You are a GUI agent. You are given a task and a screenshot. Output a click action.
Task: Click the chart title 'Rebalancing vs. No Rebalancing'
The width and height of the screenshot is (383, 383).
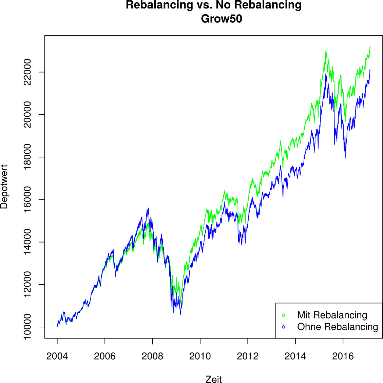coord(213,5)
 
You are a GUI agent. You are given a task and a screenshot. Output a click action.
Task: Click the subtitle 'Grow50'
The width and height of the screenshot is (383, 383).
coord(222,19)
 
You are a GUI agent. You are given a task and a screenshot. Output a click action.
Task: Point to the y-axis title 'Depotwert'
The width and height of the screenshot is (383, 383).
coord(4,187)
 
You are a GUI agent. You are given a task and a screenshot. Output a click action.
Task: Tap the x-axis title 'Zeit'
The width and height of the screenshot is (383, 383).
coord(214,379)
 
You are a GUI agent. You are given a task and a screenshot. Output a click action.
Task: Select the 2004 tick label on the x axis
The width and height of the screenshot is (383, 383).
coord(57,356)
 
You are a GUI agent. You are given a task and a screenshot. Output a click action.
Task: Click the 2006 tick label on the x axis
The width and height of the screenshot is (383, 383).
coord(105,356)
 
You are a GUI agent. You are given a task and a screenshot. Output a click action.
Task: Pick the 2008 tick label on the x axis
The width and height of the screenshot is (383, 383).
coord(152,356)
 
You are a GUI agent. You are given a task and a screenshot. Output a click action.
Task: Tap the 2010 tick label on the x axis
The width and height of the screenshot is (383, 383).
coord(200,356)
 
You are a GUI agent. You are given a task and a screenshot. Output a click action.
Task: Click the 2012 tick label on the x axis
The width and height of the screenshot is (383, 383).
coord(248,356)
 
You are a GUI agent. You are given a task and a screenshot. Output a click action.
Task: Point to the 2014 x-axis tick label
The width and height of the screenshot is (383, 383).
coord(295,356)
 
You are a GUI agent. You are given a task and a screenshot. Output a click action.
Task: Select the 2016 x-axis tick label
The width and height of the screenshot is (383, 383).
coord(343,356)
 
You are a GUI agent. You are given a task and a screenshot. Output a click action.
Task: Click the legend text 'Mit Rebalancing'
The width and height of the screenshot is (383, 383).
coord(332,315)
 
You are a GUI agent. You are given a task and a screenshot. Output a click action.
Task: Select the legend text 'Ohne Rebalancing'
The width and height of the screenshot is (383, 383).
coord(338,327)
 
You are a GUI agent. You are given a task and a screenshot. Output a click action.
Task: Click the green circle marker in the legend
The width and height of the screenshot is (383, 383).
coord(284,315)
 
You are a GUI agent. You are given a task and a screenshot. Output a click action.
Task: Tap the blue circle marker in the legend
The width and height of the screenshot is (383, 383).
coord(284,327)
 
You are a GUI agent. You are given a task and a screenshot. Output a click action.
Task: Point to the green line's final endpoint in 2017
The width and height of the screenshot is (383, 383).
coord(370,47)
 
